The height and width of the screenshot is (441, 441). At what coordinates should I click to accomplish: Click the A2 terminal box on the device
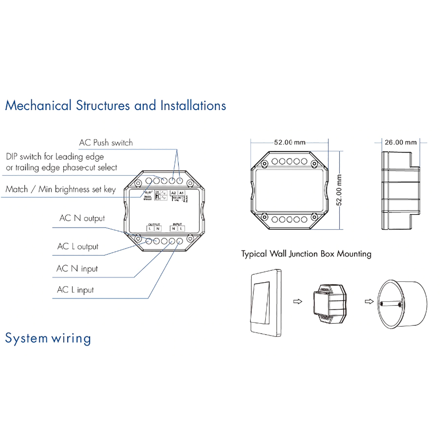[173, 193]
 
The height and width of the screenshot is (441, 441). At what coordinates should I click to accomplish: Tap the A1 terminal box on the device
[181, 193]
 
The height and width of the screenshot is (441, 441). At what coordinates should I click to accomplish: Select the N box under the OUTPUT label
[158, 228]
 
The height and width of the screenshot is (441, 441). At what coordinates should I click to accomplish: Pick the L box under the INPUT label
[181, 228]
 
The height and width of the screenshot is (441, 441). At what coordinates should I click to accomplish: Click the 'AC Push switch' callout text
[106, 143]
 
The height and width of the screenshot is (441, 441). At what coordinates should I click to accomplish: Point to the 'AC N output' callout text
[82, 218]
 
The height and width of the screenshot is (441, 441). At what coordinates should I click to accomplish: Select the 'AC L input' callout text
[75, 290]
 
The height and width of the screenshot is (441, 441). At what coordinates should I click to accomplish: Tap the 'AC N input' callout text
[77, 268]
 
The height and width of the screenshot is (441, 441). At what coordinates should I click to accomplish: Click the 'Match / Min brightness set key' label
[61, 189]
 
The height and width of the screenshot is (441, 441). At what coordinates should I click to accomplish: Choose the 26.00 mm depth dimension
[400, 142]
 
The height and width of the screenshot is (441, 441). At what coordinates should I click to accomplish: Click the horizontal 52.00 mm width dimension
[290, 142]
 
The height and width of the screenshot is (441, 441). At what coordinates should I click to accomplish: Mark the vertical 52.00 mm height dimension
[339, 190]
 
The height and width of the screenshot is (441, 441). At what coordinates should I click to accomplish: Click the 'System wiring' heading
[48, 338]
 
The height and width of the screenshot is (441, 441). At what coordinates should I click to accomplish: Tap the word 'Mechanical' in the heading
[39, 105]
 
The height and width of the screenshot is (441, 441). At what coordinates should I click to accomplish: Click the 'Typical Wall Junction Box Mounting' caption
[306, 254]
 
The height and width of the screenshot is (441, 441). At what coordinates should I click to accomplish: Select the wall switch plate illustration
[266, 303]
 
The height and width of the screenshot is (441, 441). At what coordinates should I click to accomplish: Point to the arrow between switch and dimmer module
[298, 302]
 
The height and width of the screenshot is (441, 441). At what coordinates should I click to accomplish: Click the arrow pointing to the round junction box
[369, 302]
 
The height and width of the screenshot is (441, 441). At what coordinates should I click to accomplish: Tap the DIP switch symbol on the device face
[157, 195]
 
